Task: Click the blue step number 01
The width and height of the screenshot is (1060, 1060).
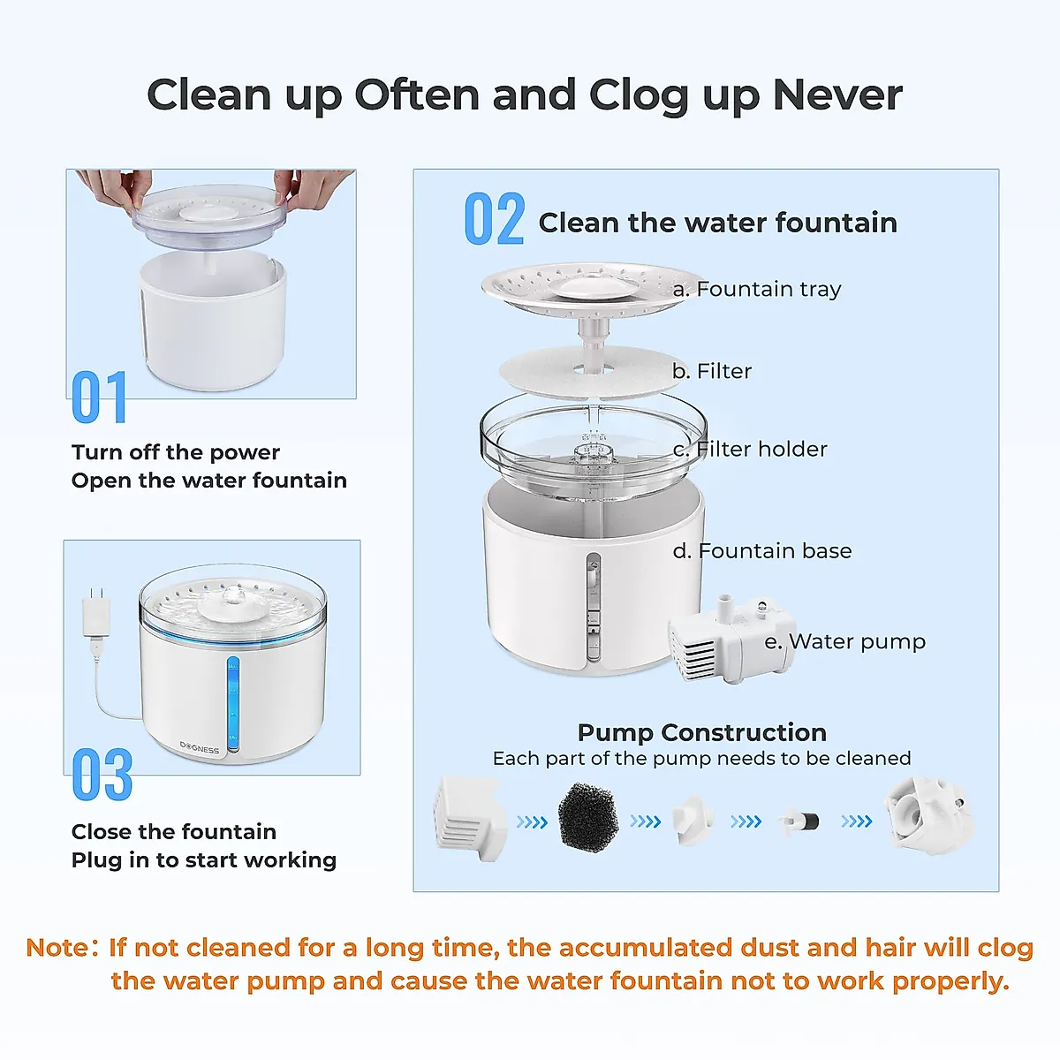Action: pyautogui.click(x=100, y=397)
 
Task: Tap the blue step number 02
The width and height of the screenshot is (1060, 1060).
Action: pyautogui.click(x=495, y=220)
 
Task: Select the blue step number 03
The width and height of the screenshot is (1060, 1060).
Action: pyautogui.click(x=102, y=776)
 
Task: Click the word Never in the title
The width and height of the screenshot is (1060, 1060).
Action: pyautogui.click(x=837, y=95)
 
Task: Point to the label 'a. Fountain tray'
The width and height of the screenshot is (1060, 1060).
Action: pyautogui.click(x=757, y=289)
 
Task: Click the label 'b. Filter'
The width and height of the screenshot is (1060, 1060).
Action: pyautogui.click(x=712, y=371)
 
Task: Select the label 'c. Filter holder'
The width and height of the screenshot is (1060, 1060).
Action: pyautogui.click(x=750, y=449)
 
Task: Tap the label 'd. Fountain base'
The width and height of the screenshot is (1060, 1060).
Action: pyautogui.click(x=762, y=550)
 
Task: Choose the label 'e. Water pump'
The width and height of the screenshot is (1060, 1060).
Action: pyautogui.click(x=845, y=641)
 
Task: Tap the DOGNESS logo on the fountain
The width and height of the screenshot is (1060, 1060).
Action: pyautogui.click(x=200, y=748)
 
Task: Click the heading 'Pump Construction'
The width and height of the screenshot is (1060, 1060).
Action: pyautogui.click(x=701, y=732)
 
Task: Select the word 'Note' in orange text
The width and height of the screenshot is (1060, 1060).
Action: pyautogui.click(x=58, y=948)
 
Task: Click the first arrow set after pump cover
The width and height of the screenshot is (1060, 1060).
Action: pyautogui.click(x=532, y=822)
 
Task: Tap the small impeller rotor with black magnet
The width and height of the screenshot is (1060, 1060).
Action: pyautogui.click(x=800, y=821)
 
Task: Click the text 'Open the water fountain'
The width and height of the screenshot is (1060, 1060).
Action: pyautogui.click(x=209, y=481)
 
